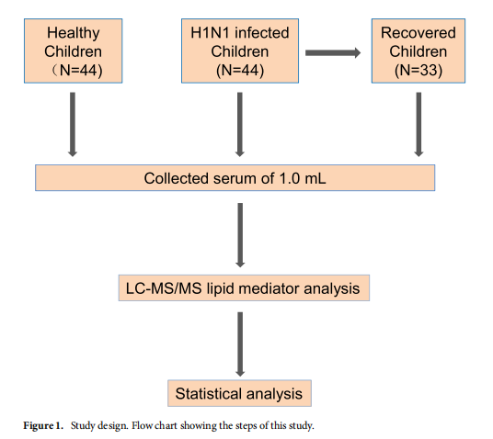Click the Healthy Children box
click(x=74, y=51)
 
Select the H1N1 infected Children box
click(x=240, y=51)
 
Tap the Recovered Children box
click(x=418, y=51)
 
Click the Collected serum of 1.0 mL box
click(x=235, y=178)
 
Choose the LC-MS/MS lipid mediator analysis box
click(x=244, y=288)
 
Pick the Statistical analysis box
click(x=239, y=393)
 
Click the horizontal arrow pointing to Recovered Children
click(x=333, y=52)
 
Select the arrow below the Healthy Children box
click(x=73, y=124)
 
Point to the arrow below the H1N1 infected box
click(x=240, y=124)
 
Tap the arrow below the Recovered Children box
click(x=418, y=124)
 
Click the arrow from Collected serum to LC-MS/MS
click(x=240, y=235)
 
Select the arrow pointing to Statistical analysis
click(x=240, y=344)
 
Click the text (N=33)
click(x=418, y=70)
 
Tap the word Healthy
click(x=74, y=33)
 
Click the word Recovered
click(x=418, y=33)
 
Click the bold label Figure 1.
click(x=43, y=426)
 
